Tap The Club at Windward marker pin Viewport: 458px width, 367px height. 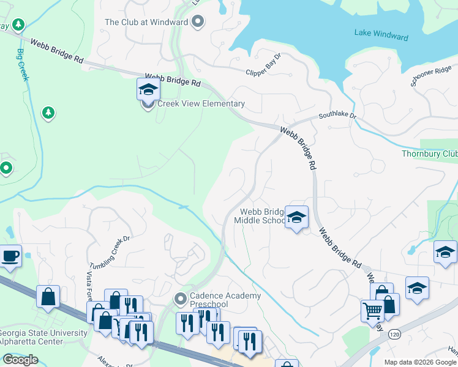pos(197,23)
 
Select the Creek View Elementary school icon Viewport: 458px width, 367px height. pos(148,91)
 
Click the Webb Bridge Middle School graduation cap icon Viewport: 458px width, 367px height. pos(296,218)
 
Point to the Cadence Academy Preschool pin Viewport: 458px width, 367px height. pos(180,300)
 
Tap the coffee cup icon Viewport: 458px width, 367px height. pos(10,256)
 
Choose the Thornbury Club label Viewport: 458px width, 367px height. pos(429,154)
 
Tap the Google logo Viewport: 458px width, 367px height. pos(20,360)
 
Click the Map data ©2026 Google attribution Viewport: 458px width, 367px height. pos(420,362)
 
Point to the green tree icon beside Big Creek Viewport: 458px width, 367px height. pos(48,113)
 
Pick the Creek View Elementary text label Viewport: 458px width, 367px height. pos(201,104)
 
